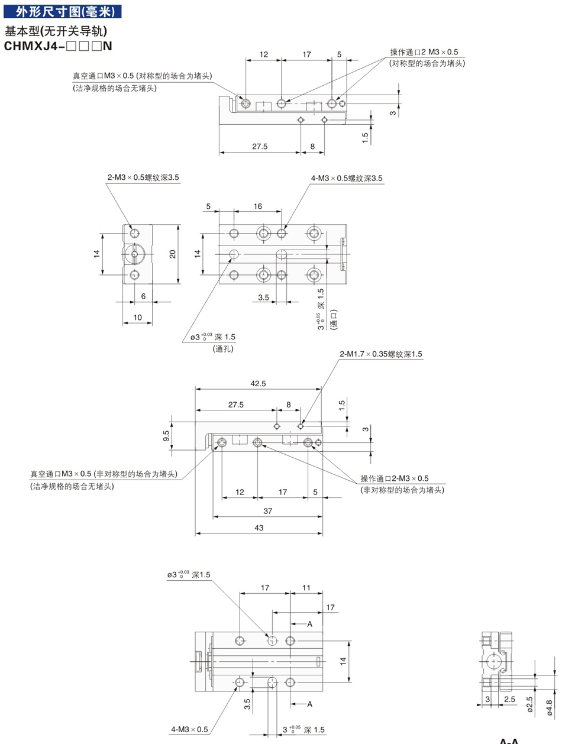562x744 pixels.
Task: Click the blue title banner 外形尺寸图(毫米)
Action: pyautogui.click(x=62, y=11)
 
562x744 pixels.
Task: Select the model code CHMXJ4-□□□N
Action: pyautogui.click(x=58, y=46)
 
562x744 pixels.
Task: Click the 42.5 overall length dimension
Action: pyautogui.click(x=258, y=383)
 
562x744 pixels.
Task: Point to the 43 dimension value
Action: pyautogui.click(x=259, y=528)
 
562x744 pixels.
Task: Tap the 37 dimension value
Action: pyautogui.click(x=267, y=510)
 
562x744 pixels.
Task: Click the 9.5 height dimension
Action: pyautogui.click(x=166, y=436)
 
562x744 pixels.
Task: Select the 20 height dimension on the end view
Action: pyautogui.click(x=173, y=254)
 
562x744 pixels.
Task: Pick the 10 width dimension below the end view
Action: pyautogui.click(x=137, y=317)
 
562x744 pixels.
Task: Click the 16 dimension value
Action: pyautogui.click(x=257, y=206)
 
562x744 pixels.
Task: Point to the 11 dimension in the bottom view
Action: pyautogui.click(x=306, y=587)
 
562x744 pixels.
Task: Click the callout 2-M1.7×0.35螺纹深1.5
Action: pyautogui.click(x=380, y=354)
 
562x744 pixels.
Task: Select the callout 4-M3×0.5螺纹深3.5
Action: pyautogui.click(x=347, y=178)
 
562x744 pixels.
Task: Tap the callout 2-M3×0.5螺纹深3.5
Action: pyautogui.click(x=143, y=177)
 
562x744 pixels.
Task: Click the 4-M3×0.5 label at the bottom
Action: pyautogui.click(x=189, y=729)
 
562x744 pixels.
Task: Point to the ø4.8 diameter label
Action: pyautogui.click(x=549, y=708)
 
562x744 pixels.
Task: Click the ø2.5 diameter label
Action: pyautogui.click(x=530, y=704)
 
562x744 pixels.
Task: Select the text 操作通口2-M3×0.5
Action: pyautogui.click(x=394, y=478)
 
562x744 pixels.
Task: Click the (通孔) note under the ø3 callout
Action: pyautogui.click(x=223, y=349)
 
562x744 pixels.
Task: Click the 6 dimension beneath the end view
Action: pyautogui.click(x=143, y=296)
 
